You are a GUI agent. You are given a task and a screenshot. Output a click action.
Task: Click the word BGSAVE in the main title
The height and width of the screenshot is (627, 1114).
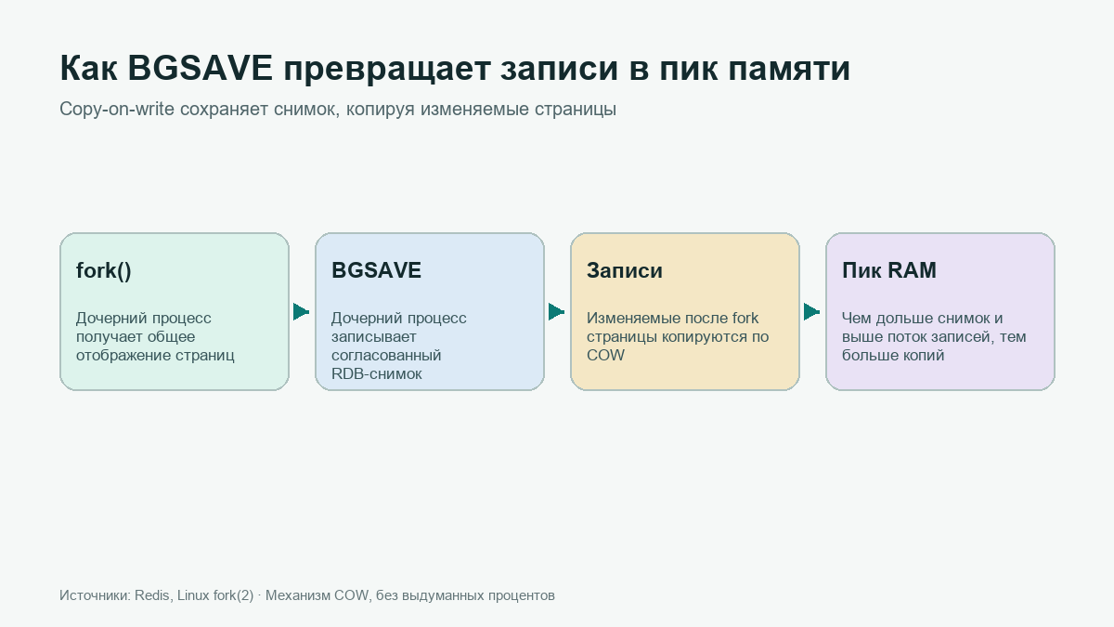[x=201, y=68]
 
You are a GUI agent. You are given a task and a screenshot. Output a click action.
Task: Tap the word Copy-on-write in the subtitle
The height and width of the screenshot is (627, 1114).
[x=117, y=109]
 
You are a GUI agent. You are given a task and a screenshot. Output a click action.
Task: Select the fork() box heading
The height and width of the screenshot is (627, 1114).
[x=103, y=270]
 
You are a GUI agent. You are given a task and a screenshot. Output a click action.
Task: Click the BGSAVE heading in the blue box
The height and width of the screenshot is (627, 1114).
[x=376, y=270]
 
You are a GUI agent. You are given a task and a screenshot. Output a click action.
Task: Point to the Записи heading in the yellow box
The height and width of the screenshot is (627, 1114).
[x=625, y=270]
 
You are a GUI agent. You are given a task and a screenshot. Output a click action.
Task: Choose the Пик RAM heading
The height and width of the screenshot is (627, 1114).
[x=889, y=270]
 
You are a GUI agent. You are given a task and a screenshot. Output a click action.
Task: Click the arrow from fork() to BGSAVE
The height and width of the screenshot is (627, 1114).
[x=302, y=312]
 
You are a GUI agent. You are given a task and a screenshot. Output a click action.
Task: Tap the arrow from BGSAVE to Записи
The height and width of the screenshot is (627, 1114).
[x=556, y=312]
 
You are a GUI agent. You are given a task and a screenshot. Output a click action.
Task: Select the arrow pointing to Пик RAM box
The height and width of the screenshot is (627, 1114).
[x=811, y=312]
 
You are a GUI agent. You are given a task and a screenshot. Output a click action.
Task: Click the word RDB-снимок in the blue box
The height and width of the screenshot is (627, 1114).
[x=377, y=373]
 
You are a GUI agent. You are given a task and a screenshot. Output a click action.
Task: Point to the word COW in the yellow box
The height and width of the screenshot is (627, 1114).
[x=605, y=355]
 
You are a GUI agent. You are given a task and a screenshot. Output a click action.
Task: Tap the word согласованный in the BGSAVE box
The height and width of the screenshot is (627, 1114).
[x=386, y=355]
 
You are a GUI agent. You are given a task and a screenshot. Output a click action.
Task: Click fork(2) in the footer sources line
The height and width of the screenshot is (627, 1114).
[x=233, y=595]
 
